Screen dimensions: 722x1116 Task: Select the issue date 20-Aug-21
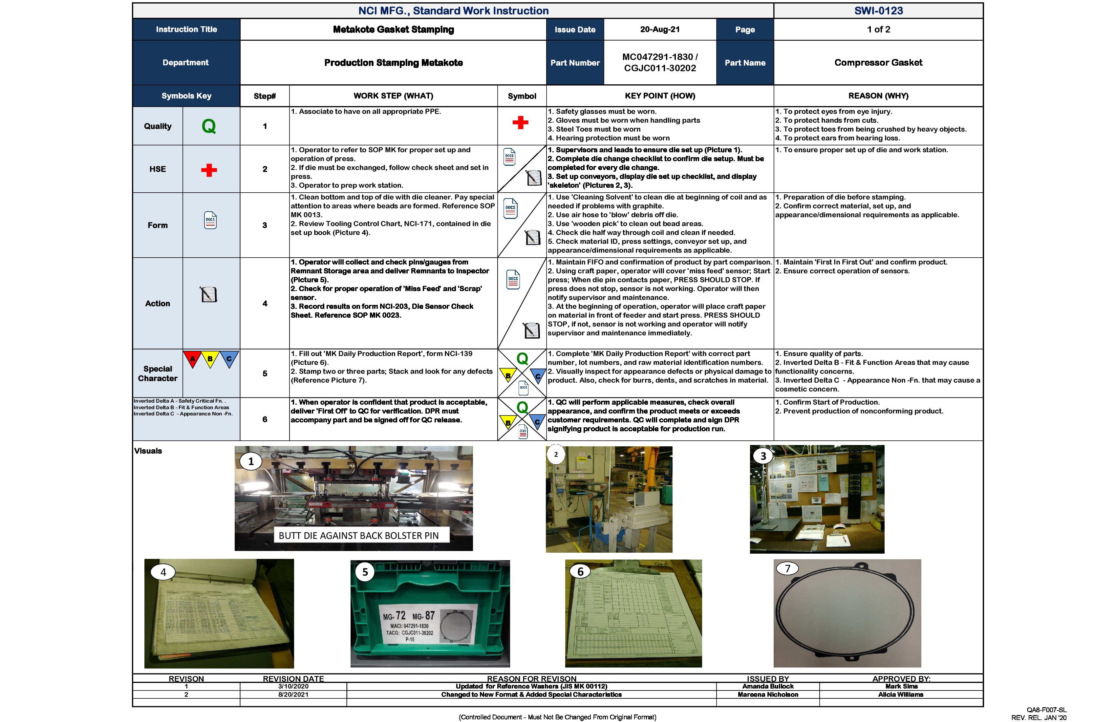659,30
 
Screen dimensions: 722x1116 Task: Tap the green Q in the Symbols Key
209,126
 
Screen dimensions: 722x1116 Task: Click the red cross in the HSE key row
209,170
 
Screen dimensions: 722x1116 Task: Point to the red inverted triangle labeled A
192,359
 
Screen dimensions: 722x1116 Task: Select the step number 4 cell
265,303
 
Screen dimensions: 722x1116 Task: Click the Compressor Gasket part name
878,62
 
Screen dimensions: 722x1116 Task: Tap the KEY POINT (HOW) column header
659,96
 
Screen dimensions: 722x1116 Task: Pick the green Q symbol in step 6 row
522,407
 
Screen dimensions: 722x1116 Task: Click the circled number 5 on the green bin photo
365,572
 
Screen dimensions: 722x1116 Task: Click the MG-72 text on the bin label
394,616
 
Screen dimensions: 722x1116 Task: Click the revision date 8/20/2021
293,694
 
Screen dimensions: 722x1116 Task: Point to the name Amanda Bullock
768,686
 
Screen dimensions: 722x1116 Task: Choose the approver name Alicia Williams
900,694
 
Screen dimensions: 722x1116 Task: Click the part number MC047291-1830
659,57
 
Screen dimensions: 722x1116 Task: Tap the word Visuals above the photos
148,451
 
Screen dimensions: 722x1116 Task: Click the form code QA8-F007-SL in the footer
1046,710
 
